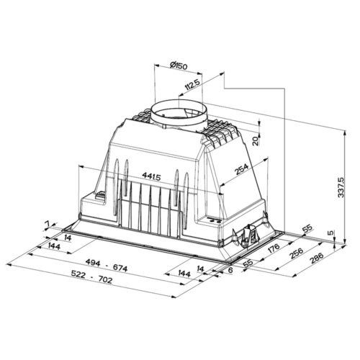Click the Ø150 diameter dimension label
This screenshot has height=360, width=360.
[x=178, y=66]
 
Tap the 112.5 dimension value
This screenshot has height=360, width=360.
[x=192, y=86]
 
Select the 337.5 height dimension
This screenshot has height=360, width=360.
[x=341, y=187]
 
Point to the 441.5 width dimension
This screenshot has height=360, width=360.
[x=151, y=177]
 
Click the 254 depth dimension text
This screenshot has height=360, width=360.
[x=241, y=170]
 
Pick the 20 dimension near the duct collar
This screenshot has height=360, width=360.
[x=256, y=140]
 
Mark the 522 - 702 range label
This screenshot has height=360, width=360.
[x=91, y=277]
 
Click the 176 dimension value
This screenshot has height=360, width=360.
[x=273, y=249]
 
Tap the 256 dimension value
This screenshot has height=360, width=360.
[x=297, y=254]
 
